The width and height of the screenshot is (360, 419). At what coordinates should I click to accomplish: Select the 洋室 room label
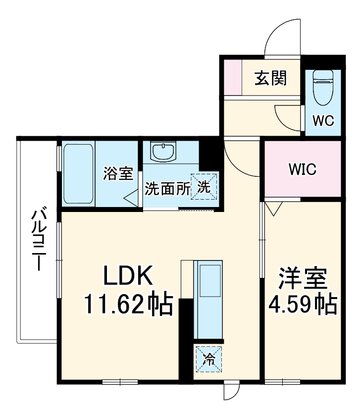(x=303, y=279)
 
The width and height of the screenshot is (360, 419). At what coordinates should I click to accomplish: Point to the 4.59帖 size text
(x=303, y=305)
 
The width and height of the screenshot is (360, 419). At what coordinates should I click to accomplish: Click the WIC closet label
(x=303, y=169)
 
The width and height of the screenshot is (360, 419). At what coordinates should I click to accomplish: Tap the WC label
(x=323, y=120)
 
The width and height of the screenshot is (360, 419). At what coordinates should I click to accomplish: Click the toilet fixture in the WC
(x=323, y=86)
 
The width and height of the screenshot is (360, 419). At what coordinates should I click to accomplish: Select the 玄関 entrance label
(x=271, y=78)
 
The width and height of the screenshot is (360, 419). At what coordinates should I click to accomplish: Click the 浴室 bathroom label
(x=118, y=174)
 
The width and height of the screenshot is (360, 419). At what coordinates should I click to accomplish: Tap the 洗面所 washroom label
(x=167, y=189)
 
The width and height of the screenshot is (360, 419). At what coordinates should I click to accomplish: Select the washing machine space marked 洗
(x=204, y=186)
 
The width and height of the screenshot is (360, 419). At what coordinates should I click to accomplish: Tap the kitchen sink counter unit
(x=209, y=299)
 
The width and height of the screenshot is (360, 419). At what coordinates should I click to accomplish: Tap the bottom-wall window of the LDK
(x=120, y=382)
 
